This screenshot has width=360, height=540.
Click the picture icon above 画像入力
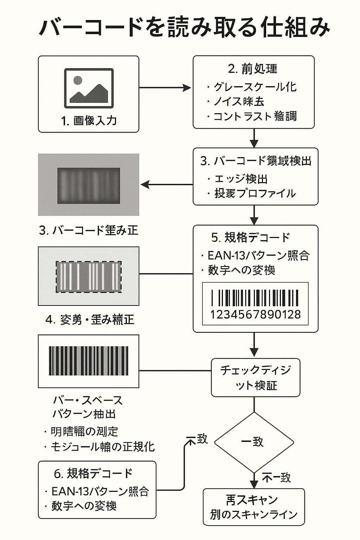(x=89, y=88)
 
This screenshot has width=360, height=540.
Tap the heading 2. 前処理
(x=253, y=69)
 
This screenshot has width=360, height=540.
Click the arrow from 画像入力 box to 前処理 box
(x=165, y=88)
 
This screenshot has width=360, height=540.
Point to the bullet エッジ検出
(x=241, y=179)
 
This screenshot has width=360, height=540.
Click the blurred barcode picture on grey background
(x=89, y=185)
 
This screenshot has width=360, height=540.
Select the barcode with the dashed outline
(x=89, y=277)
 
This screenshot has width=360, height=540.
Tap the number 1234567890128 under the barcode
(x=255, y=314)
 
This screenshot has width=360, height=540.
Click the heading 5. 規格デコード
(x=251, y=238)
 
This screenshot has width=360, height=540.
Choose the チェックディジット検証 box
(x=256, y=378)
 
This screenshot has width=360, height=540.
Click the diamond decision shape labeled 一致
(x=254, y=442)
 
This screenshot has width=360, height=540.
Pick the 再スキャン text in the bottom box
(x=252, y=500)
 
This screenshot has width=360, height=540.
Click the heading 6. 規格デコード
(x=93, y=473)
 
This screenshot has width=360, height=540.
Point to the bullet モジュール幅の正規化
(x=102, y=446)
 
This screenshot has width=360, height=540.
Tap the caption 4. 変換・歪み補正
(x=90, y=320)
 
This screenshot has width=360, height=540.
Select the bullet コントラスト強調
(x=255, y=116)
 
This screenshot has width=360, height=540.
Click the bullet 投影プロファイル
(x=255, y=193)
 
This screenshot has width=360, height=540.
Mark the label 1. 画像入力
(x=89, y=121)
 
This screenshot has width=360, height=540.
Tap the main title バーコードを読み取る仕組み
(x=184, y=27)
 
